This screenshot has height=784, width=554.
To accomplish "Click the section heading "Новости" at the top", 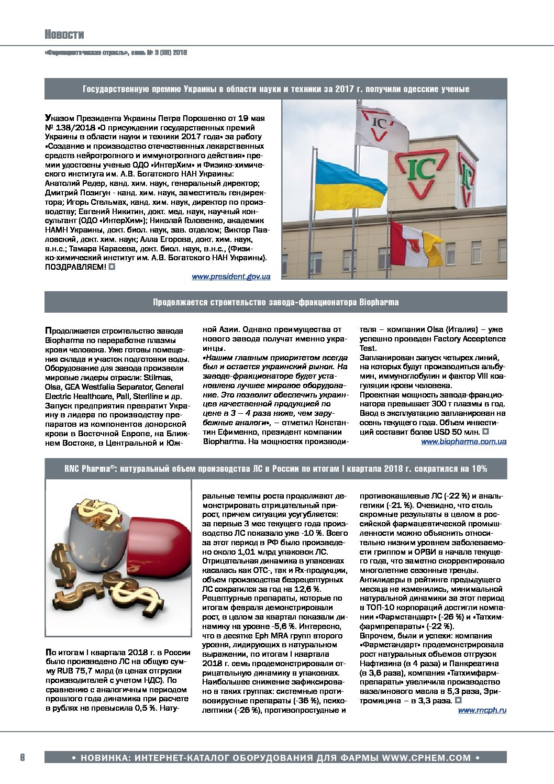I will click(x=64, y=35).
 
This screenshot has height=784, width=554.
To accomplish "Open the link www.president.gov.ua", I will click(x=231, y=277).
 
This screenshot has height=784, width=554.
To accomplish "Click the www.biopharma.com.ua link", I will click(x=463, y=441).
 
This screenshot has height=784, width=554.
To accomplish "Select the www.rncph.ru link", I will click(x=482, y=710).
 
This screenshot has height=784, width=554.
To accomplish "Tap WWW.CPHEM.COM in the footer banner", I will click(x=426, y=758).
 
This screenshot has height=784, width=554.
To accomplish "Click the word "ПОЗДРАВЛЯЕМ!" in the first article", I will click(x=75, y=267).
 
